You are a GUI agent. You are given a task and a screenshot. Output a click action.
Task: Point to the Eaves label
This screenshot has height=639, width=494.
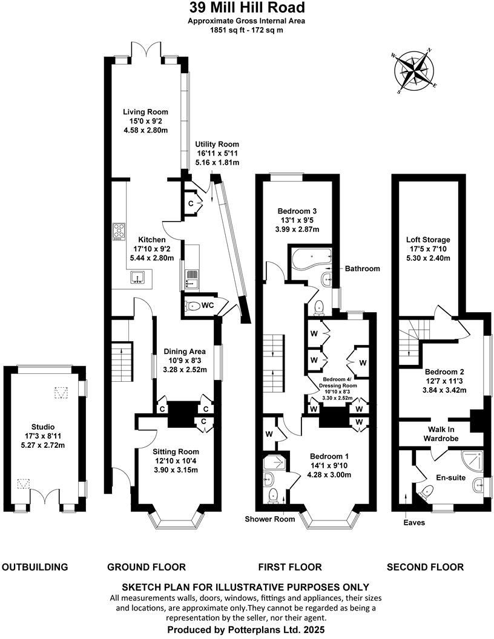tap(415, 522)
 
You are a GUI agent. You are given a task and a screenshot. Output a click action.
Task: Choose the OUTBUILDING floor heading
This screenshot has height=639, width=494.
tap(35, 567)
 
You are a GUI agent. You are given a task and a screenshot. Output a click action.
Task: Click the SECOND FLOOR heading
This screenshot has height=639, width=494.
tap(426, 567)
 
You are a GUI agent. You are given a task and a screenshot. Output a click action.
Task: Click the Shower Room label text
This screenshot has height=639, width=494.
tap(269, 519)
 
